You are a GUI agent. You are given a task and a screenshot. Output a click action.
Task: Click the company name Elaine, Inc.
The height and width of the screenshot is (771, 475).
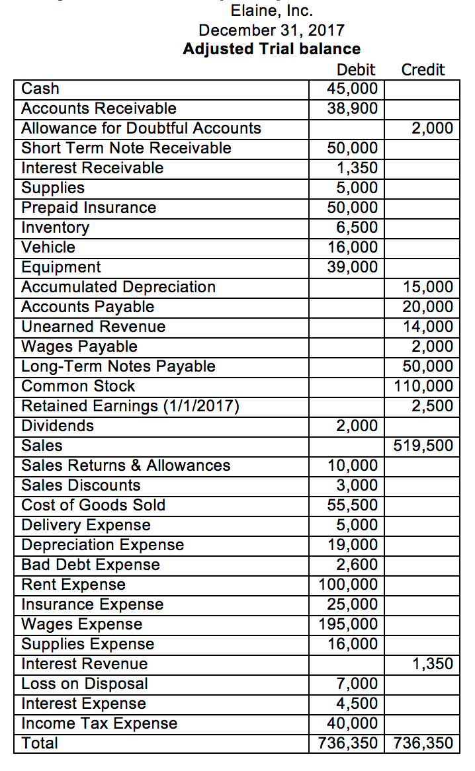(271, 11)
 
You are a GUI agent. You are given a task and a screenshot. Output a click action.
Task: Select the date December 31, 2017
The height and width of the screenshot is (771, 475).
(271, 30)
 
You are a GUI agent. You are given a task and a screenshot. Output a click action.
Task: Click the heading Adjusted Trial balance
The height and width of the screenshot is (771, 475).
(271, 49)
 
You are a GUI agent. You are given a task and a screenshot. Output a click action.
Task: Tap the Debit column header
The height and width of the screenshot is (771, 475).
(356, 69)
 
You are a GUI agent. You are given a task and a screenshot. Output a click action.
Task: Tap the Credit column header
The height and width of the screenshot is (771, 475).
(423, 69)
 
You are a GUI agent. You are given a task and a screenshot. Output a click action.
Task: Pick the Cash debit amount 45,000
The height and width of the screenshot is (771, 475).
(353, 89)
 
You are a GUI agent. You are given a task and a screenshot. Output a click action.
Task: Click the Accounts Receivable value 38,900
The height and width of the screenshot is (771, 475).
(353, 108)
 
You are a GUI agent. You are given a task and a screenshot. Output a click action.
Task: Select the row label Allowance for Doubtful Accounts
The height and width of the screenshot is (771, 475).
(141, 128)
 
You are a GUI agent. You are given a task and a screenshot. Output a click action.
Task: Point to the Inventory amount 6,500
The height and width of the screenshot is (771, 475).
(357, 227)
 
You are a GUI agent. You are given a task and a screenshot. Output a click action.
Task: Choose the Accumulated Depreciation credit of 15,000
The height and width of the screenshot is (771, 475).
(428, 287)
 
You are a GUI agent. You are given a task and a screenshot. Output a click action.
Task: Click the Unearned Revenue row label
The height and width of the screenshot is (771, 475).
(93, 327)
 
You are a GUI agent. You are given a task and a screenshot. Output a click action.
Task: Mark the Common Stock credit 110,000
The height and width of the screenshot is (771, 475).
(424, 386)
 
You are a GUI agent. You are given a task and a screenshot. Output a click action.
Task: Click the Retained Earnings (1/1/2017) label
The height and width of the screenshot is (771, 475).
(130, 406)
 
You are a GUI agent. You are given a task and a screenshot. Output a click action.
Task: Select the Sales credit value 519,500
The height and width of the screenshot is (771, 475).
(424, 446)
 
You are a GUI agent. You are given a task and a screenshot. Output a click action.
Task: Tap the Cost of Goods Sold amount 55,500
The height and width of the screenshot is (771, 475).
(353, 505)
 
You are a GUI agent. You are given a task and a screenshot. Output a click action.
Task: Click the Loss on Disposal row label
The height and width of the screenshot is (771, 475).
(85, 684)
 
